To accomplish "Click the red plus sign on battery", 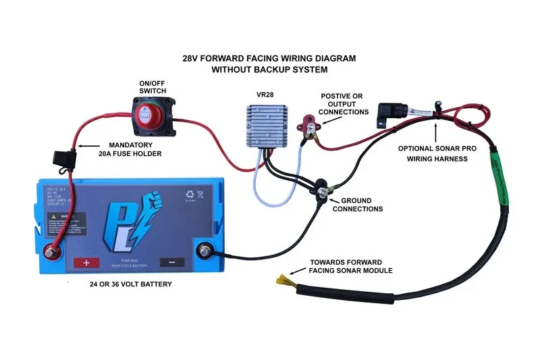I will (x=86, y=263).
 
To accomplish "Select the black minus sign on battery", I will (x=171, y=263).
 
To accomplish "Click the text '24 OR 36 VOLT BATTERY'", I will (x=130, y=284).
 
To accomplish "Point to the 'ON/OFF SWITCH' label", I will (x=152, y=86).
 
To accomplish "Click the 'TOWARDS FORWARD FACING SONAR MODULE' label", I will (x=350, y=266).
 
